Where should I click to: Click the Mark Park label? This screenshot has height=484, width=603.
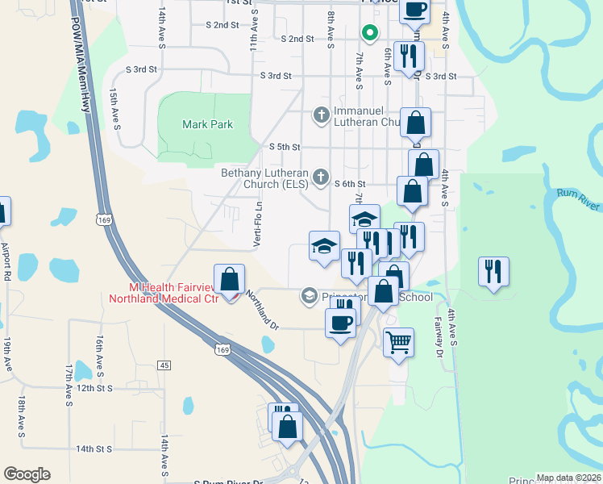click(x=207, y=124)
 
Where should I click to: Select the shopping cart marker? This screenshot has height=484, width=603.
click(x=398, y=343)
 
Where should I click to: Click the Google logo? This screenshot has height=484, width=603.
click(x=27, y=474)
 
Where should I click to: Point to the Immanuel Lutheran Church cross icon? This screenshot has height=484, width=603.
click(x=321, y=115)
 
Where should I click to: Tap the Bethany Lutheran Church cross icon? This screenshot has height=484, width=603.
click(x=321, y=177)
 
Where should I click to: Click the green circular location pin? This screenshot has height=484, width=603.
click(x=369, y=33)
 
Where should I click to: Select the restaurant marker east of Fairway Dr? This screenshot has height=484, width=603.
click(x=493, y=271)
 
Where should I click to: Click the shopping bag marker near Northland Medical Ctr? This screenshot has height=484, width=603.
click(x=230, y=280)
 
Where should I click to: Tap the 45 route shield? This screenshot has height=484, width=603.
click(x=164, y=365)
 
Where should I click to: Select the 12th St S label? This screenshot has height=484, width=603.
click(x=94, y=388)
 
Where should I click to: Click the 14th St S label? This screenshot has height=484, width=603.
click(x=94, y=449)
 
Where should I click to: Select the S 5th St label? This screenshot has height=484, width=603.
click(x=284, y=147)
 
